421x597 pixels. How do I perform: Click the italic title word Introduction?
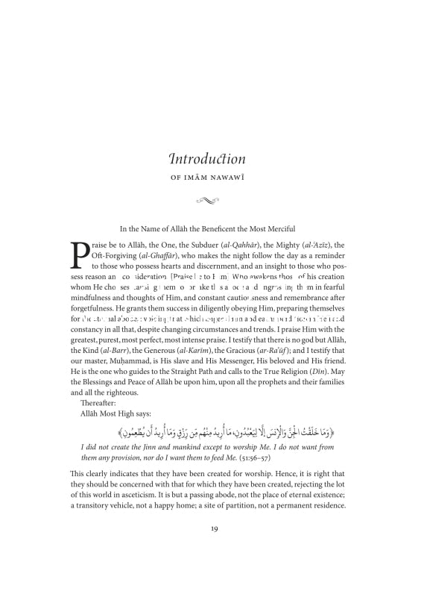(x=207, y=158)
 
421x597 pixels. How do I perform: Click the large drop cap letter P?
(x=79, y=256)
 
